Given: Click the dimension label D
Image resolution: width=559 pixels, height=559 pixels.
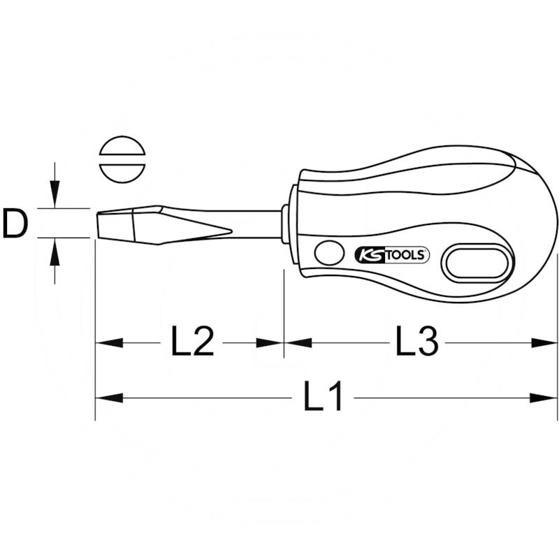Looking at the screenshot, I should pos(15,224).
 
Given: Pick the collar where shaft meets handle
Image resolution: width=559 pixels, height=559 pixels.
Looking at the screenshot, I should pos(286,224).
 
